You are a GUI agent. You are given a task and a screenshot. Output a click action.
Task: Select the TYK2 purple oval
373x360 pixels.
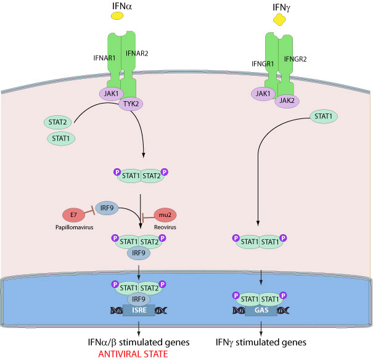click(131, 104)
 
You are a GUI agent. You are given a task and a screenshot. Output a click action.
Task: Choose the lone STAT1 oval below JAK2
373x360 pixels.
click(326, 115)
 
